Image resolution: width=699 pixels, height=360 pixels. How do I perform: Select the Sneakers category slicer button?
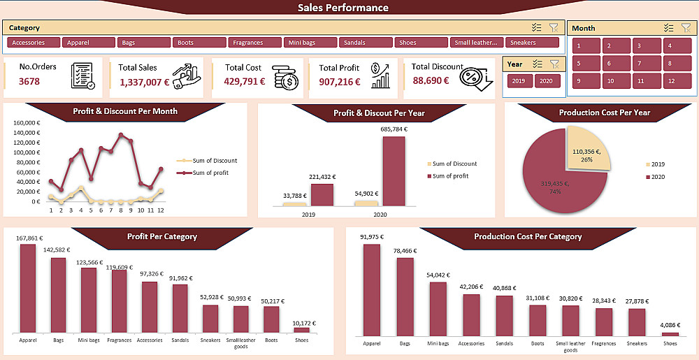(531, 43)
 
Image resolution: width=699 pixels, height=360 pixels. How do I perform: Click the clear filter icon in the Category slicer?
(554, 27)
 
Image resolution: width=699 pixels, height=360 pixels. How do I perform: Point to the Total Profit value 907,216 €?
(339, 82)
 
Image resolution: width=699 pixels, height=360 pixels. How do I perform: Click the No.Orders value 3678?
(29, 81)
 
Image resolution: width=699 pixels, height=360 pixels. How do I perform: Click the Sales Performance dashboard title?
(343, 8)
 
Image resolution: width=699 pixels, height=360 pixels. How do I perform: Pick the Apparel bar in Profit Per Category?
(28, 288)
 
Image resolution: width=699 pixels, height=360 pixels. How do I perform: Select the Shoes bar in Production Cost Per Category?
(670, 334)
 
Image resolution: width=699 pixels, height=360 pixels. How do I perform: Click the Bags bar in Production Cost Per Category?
(405, 297)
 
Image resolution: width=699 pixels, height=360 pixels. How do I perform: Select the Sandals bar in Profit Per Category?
(180, 308)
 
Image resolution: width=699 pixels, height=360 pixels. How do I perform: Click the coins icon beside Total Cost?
(285, 75)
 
